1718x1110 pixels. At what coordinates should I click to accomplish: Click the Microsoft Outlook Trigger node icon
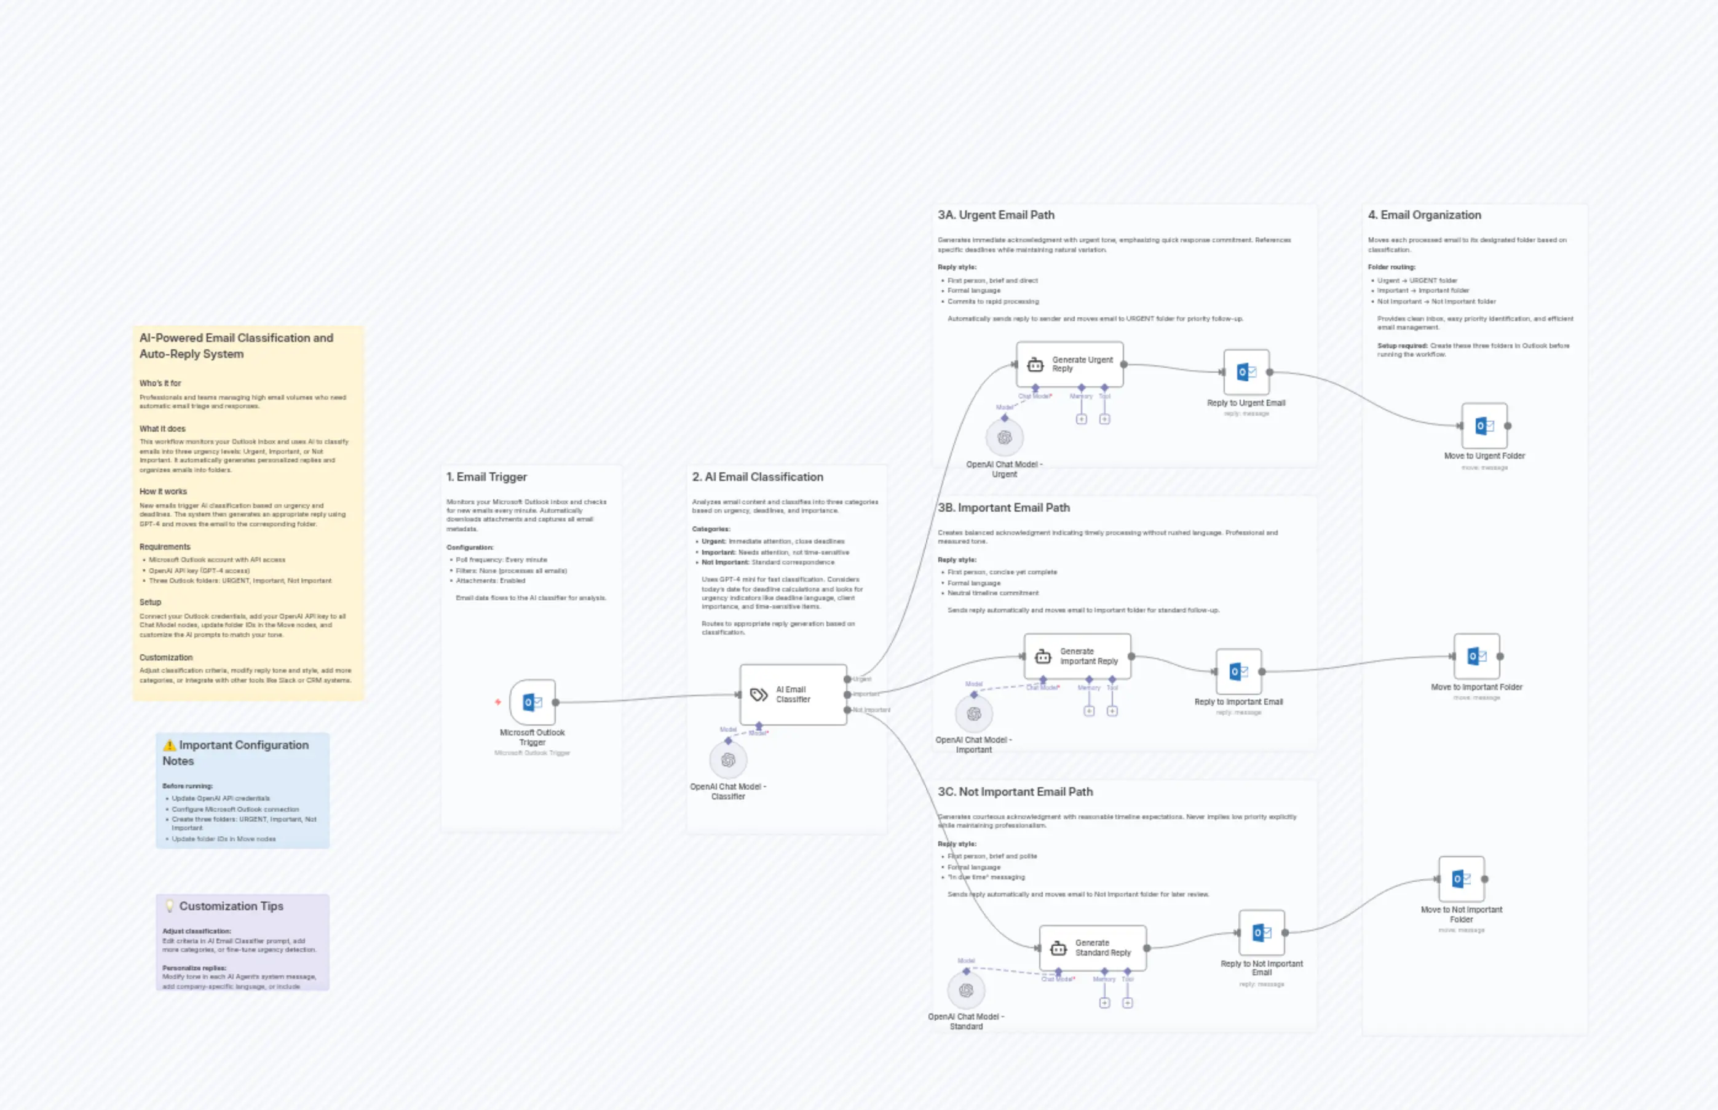click(x=532, y=702)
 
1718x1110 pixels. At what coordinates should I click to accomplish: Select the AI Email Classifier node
click(x=793, y=695)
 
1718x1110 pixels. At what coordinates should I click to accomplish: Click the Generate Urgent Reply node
click(x=1069, y=365)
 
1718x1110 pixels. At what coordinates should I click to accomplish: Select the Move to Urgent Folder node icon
click(x=1484, y=426)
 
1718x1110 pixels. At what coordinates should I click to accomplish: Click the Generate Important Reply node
click(x=1077, y=657)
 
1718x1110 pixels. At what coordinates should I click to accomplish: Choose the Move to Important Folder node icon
click(x=1476, y=657)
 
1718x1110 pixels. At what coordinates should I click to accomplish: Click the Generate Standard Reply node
click(x=1093, y=948)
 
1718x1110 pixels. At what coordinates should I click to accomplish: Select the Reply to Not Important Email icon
click(x=1261, y=933)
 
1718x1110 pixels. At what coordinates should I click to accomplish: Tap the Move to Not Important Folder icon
click(x=1461, y=879)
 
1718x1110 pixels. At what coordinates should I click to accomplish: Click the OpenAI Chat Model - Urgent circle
click(x=1004, y=437)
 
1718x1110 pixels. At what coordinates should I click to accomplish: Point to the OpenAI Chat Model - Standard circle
click(x=965, y=990)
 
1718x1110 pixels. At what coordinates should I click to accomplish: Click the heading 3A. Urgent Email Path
click(x=996, y=215)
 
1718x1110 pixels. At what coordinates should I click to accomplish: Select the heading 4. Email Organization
click(x=1424, y=215)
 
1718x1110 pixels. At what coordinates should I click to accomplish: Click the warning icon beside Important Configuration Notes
click(x=169, y=745)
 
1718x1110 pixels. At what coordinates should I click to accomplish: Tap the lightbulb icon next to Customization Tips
click(x=170, y=906)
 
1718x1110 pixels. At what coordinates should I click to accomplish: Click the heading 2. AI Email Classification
click(x=757, y=477)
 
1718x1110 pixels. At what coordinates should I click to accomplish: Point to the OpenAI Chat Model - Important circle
click(x=973, y=713)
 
